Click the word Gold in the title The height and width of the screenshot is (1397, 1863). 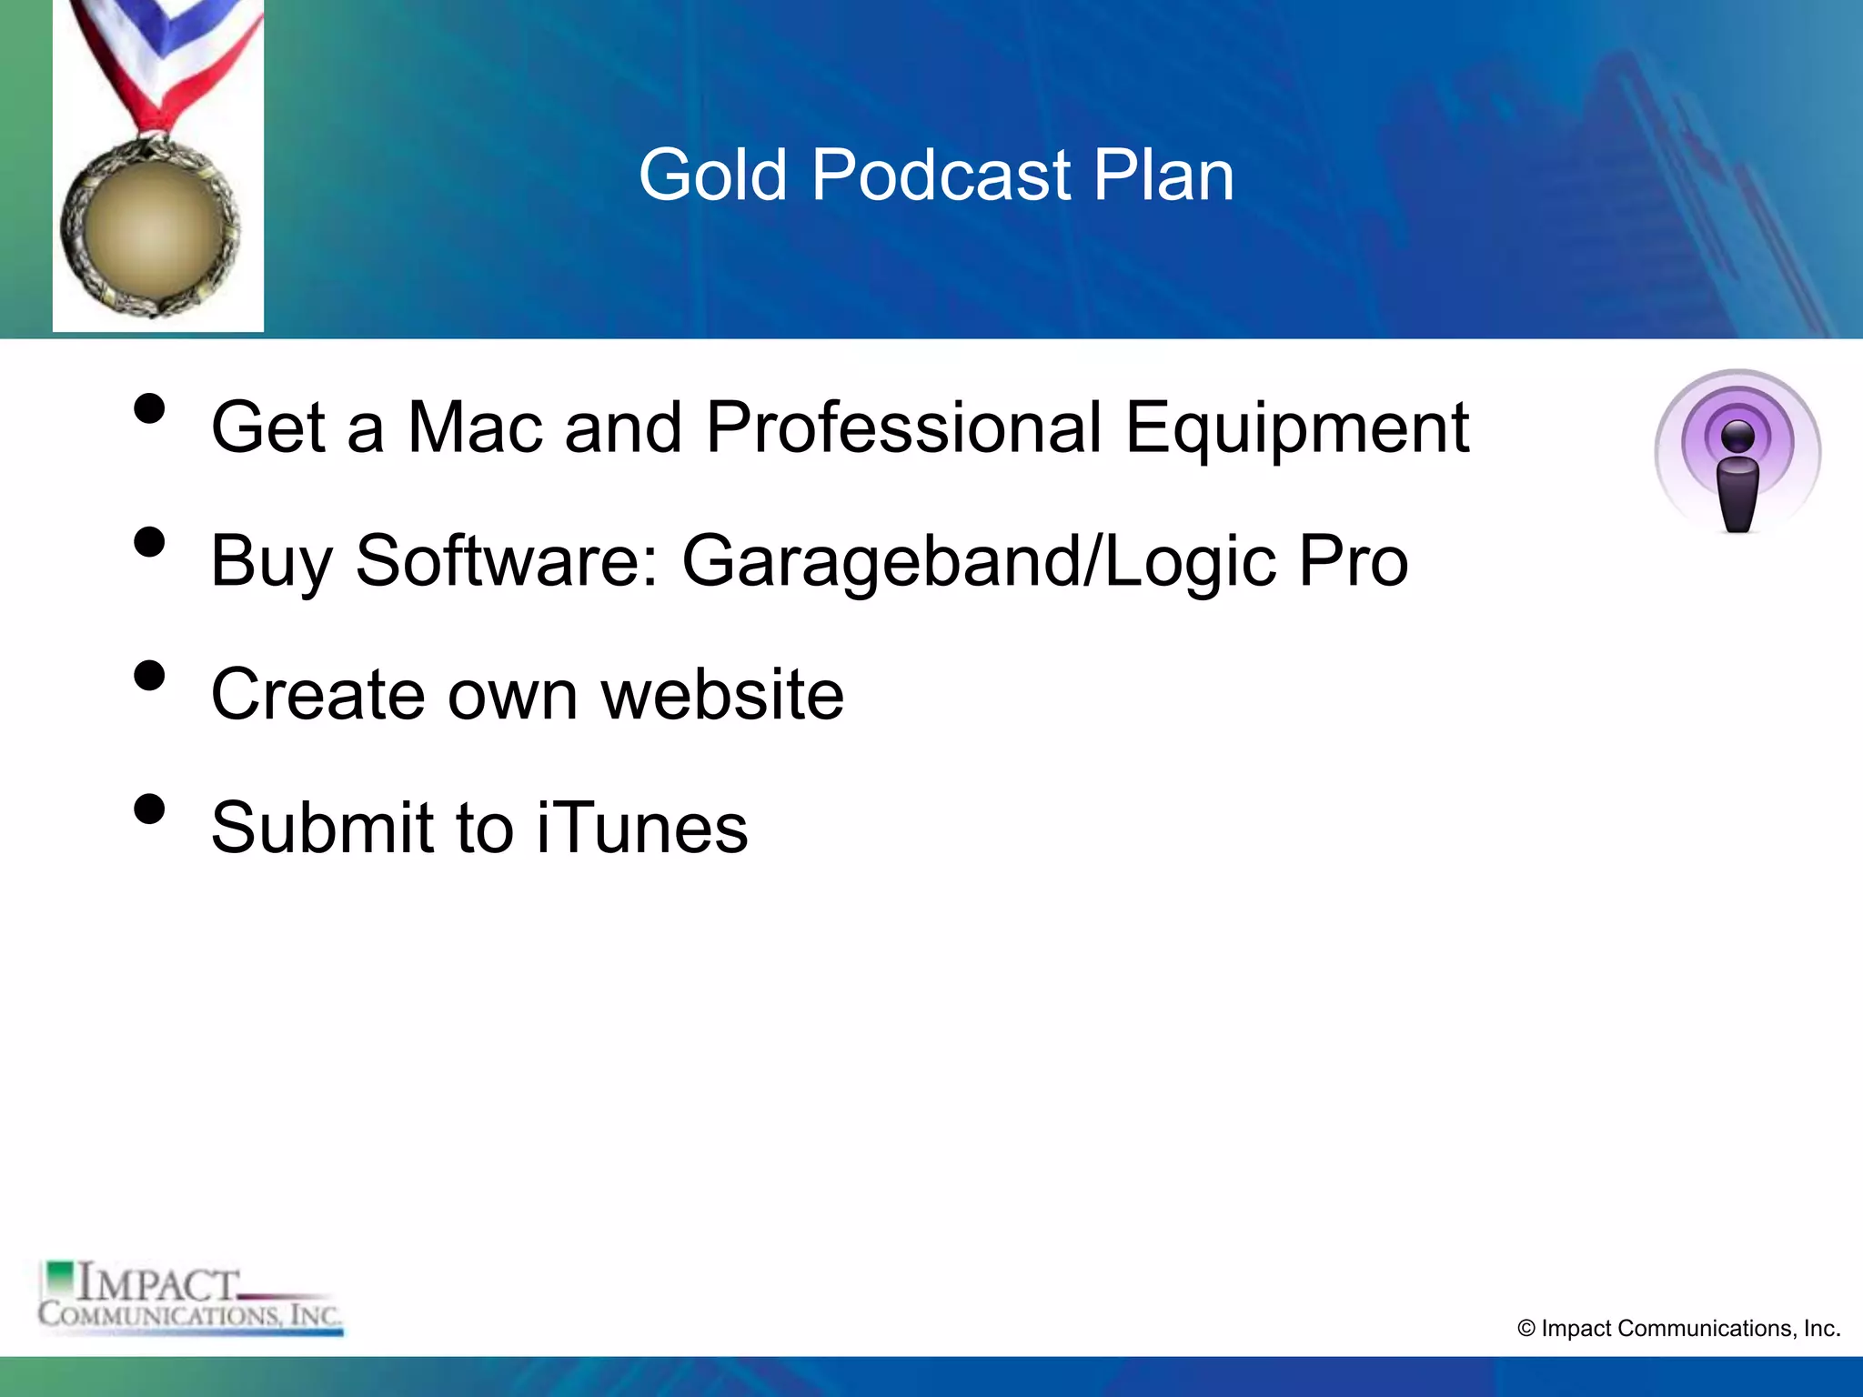(712, 175)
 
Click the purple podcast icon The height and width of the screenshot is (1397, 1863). (1737, 450)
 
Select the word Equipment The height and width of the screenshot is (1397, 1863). (1296, 427)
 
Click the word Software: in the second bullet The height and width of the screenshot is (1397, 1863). (506, 561)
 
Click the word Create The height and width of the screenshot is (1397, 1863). (317, 695)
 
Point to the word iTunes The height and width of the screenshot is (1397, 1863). (642, 828)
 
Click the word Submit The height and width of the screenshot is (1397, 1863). (322, 828)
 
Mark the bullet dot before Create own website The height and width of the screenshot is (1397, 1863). (149, 677)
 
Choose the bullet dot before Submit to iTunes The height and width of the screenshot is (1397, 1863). (149, 809)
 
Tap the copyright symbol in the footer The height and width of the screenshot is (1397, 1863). (1526, 1329)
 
